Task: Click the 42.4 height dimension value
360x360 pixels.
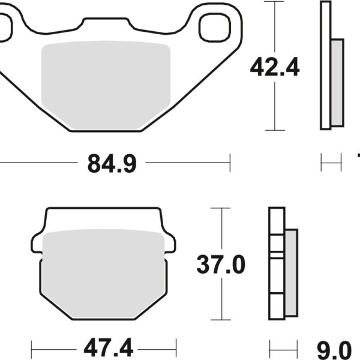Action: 275,69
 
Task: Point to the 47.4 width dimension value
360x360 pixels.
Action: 104,347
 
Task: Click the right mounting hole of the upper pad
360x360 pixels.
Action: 214,26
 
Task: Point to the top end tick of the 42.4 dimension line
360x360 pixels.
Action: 275,2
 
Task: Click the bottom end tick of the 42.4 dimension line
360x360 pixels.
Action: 275,130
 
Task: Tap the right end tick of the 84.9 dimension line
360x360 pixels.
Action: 230,162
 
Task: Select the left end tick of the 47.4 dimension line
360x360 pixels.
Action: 32,347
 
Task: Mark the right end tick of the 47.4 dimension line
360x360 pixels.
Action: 176,347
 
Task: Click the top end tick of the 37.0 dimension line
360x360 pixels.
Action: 221,208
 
